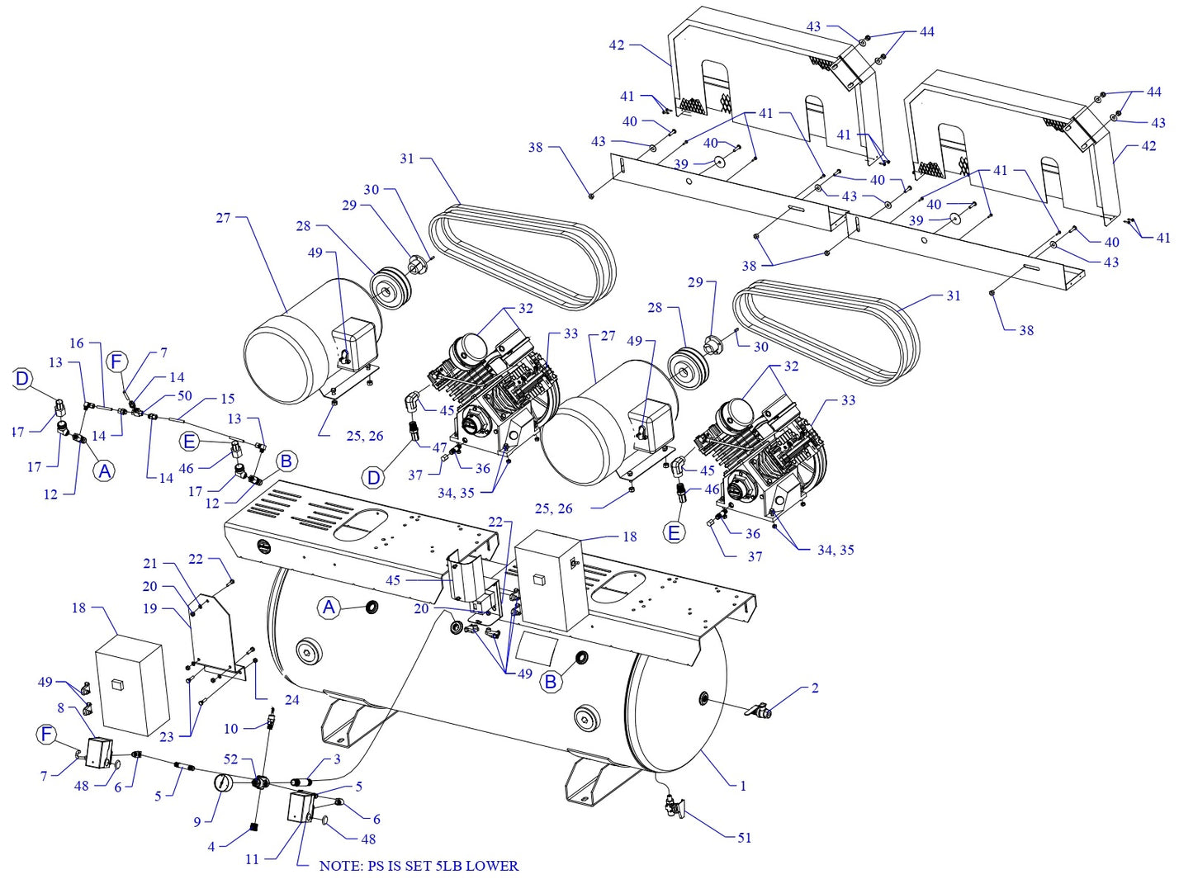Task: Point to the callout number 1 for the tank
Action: (x=742, y=786)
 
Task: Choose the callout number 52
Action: (x=230, y=759)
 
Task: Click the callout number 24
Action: (x=291, y=700)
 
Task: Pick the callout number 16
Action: (x=77, y=343)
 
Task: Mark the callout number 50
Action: (x=184, y=396)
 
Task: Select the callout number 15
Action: (x=227, y=399)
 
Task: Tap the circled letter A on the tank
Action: (x=329, y=608)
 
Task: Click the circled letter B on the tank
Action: (x=551, y=683)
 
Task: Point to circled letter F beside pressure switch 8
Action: (x=46, y=734)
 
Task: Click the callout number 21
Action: (x=149, y=564)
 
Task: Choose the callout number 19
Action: (x=149, y=608)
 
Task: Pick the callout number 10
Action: (x=230, y=729)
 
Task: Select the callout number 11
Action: (x=252, y=859)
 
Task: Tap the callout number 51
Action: (x=744, y=838)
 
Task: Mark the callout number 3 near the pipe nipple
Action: (x=337, y=759)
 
